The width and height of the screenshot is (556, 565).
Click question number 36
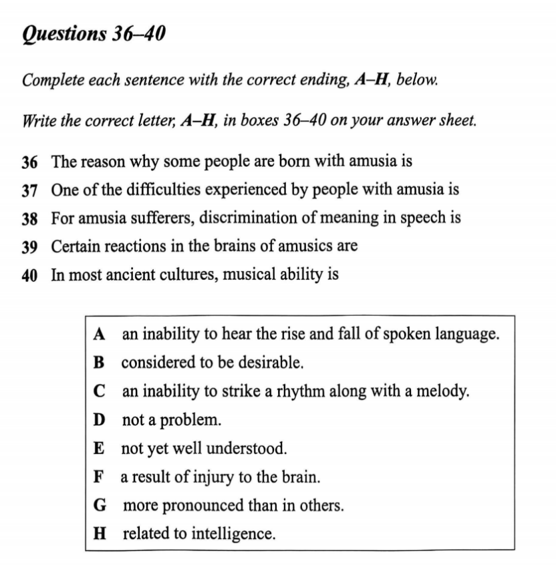[29, 162]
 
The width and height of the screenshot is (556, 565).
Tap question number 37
[29, 190]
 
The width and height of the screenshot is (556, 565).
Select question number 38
[29, 218]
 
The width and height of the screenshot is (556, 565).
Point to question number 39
[29, 246]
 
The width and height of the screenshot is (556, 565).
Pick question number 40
[29, 275]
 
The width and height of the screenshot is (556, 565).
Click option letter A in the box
[100, 333]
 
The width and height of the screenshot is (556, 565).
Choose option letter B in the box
[100, 363]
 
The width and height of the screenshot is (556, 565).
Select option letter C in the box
[100, 391]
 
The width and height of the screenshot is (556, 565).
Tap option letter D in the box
[100, 420]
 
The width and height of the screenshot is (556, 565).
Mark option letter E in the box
[100, 449]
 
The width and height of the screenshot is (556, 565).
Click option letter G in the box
[100, 506]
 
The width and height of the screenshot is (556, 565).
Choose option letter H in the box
[100, 534]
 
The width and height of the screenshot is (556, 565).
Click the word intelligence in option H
[233, 535]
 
